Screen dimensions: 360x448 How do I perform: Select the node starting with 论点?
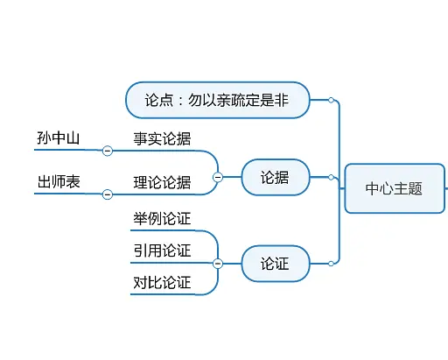coord(218,100)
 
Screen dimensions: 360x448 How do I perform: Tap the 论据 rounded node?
coord(275,177)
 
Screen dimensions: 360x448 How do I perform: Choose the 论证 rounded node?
coord(275,263)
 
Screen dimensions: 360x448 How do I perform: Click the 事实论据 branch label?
coord(162,138)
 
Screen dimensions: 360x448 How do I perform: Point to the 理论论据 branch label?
coord(162,182)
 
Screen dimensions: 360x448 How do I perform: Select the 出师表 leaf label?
coord(59,182)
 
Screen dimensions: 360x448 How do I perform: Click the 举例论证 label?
coord(162,218)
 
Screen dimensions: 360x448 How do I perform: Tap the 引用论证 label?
coord(162,251)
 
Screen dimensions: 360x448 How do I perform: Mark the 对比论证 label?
coord(162,282)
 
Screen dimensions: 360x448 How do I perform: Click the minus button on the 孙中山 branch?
coord(108,151)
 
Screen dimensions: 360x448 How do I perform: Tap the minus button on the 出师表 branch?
coord(108,194)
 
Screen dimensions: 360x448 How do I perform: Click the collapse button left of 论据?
coord(218,177)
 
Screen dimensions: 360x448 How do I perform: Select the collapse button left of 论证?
coord(218,263)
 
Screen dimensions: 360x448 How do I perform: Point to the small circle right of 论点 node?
coord(331,100)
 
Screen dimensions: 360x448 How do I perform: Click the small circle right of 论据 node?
coord(331,177)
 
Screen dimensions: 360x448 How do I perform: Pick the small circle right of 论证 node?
coord(331,263)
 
